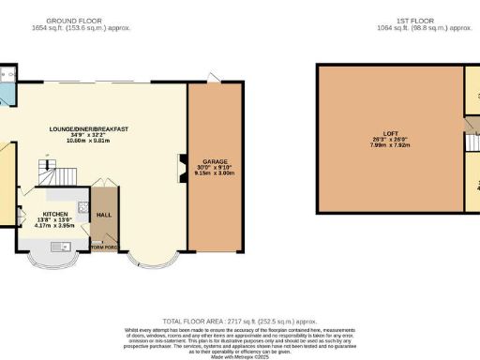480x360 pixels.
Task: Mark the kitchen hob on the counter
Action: (x=82, y=208)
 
